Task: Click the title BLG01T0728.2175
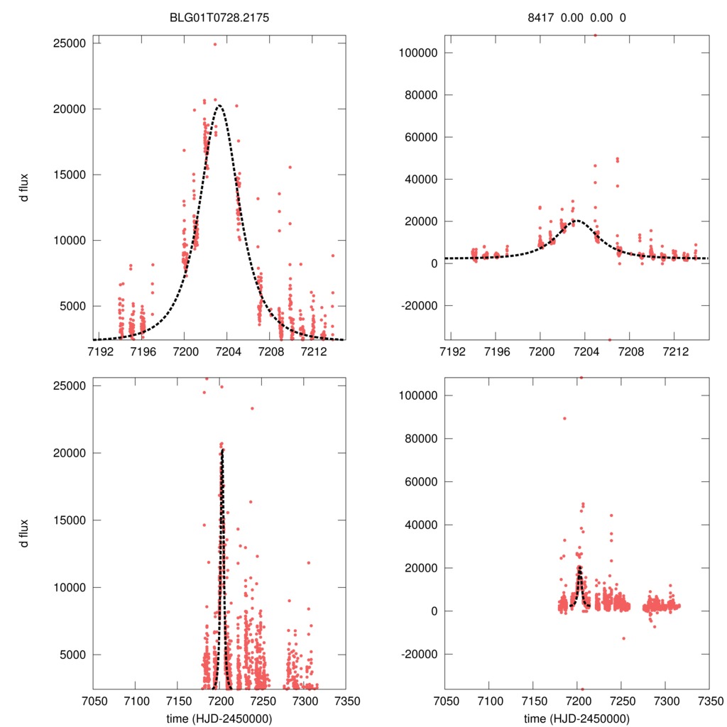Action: (219, 17)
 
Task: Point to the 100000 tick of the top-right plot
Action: (417, 53)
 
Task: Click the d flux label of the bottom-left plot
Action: (24, 532)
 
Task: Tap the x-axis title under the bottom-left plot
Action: (219, 718)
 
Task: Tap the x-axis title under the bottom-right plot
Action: (576, 718)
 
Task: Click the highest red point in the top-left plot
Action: (215, 44)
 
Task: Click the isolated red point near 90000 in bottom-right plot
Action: (564, 418)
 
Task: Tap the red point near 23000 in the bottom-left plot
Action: (252, 408)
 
